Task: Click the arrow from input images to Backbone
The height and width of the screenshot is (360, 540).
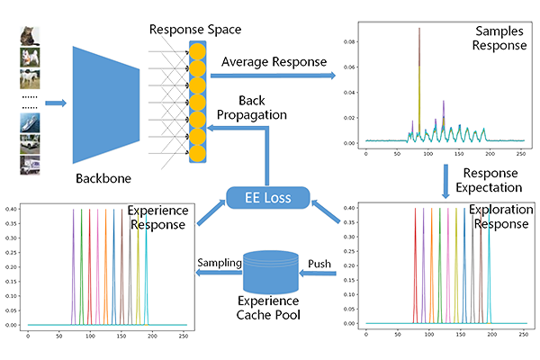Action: [x=55, y=103]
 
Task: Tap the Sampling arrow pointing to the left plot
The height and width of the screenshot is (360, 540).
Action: [x=217, y=266]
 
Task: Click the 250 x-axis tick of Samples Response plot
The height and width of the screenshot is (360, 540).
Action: [x=519, y=154]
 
